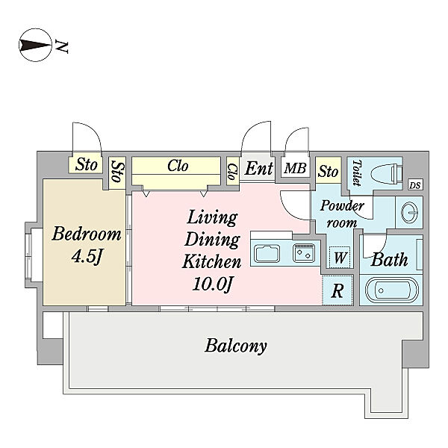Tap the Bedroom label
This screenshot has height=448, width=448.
coord(87,234)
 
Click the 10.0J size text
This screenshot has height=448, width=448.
coord(212,284)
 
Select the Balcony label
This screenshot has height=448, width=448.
coord(236,346)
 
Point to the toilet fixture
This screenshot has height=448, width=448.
coord(387,173)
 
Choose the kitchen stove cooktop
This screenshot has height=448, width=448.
coord(304,252)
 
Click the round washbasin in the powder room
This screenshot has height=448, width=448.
coord(409,212)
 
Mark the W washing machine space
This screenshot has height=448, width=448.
coord(340,257)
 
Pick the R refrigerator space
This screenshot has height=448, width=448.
coord(337,290)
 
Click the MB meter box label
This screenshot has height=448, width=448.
coord(296,168)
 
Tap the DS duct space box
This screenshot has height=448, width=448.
coord(415,185)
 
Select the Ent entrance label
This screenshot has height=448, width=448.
coord(258,168)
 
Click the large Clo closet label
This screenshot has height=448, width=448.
coord(178,166)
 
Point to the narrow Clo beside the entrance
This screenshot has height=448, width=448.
coord(232,172)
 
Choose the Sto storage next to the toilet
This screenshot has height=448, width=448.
coord(328,171)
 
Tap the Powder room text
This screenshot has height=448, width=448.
coord(342,214)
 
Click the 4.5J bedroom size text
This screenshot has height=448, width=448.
coord(87,256)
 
